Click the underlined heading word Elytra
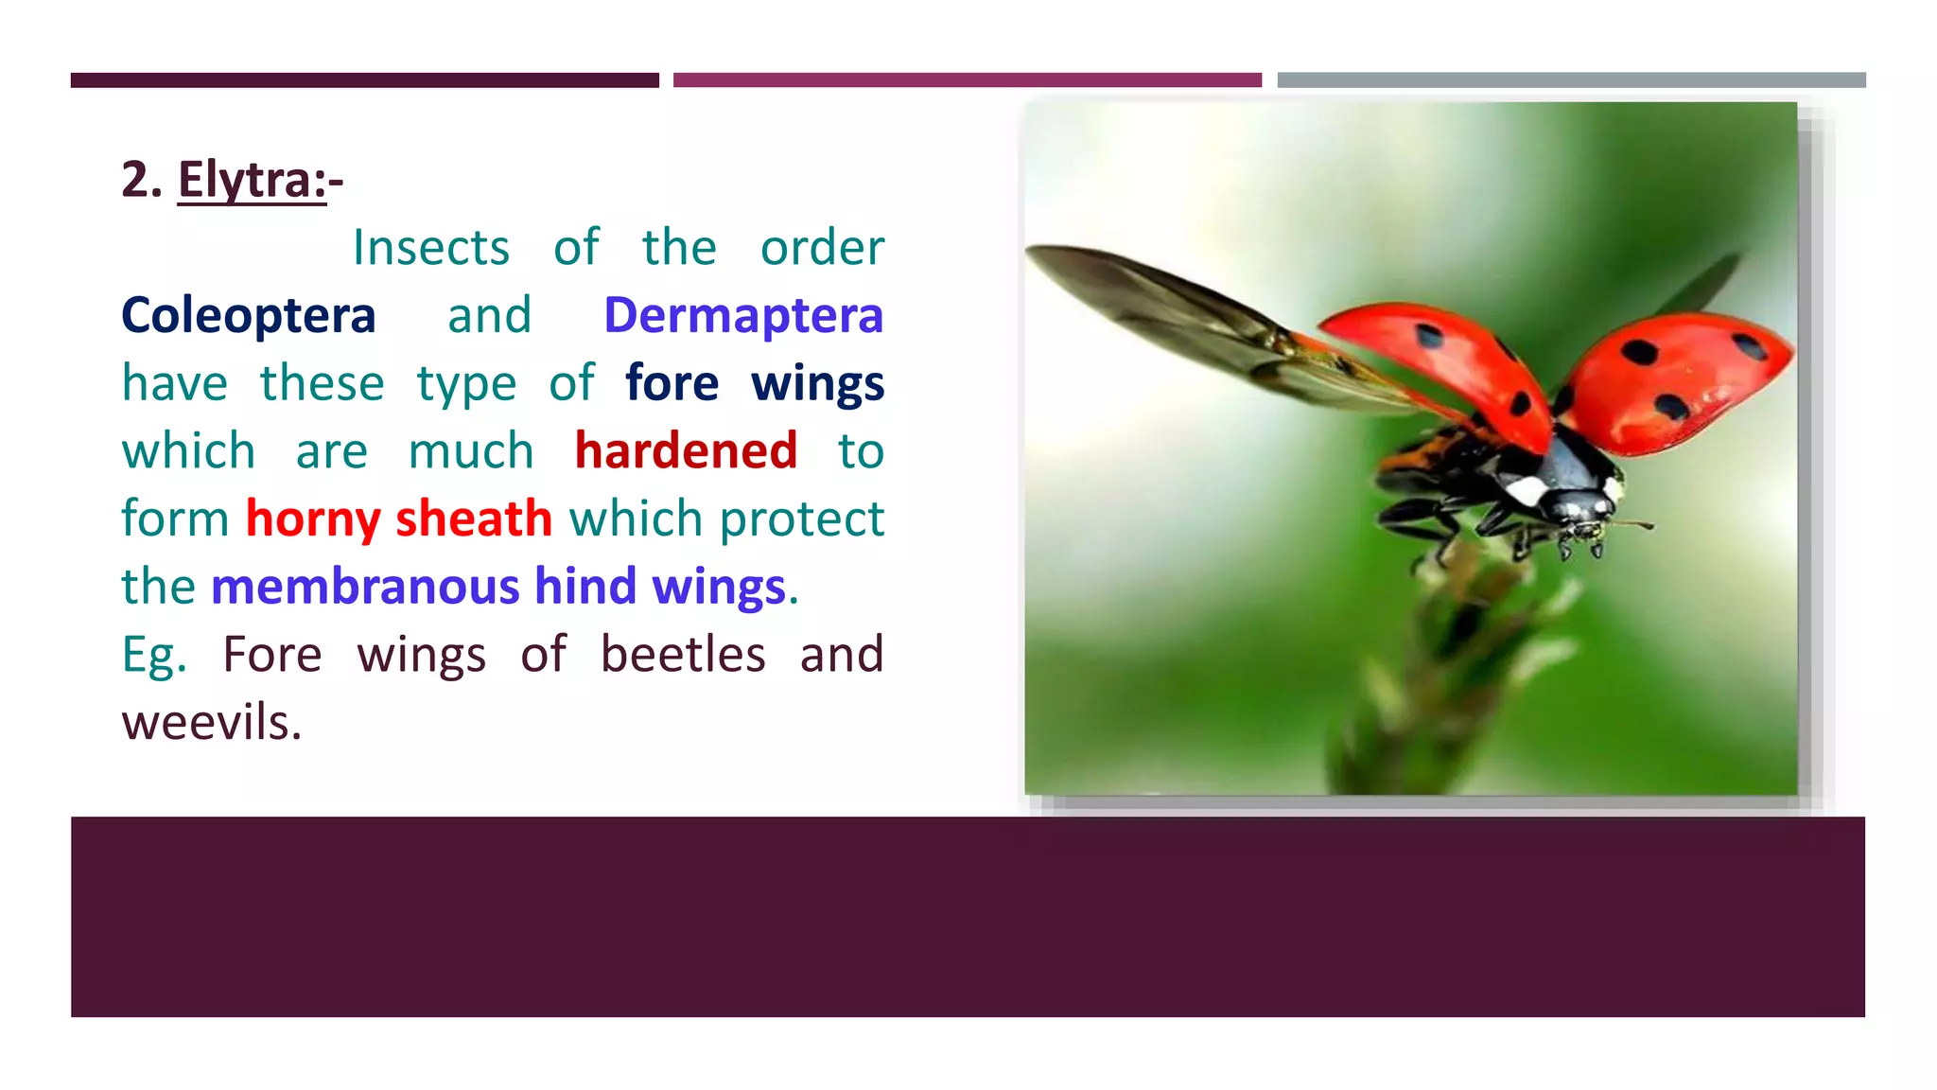coord(251,180)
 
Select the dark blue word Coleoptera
coord(249,315)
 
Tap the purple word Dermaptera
coord(743,315)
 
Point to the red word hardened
coord(686,450)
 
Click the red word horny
coord(313,519)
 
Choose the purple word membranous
coord(365,586)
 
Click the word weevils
coord(212,722)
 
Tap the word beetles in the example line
coord(683,654)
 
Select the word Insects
coord(431,248)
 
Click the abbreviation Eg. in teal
coord(154,654)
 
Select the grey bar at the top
coord(1571,80)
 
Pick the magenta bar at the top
coord(967,80)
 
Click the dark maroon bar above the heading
coord(364,80)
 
